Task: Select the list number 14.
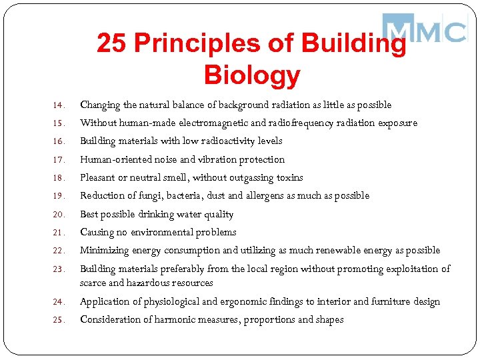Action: click(x=58, y=105)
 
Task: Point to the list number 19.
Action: click(x=58, y=196)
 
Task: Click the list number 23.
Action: click(x=58, y=269)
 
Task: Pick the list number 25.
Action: click(x=58, y=320)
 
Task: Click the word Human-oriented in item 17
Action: click(x=115, y=159)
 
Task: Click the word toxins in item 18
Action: click(x=289, y=177)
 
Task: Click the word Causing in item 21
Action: click(x=97, y=232)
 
